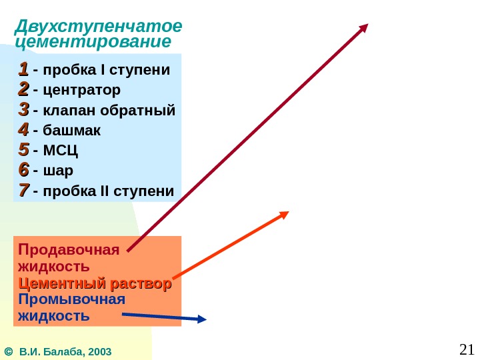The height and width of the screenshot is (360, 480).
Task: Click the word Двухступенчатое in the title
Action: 98,27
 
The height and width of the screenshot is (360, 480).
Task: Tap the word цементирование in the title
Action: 93,42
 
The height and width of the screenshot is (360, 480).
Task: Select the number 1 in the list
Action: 23,69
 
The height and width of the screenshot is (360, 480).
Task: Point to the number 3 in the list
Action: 23,109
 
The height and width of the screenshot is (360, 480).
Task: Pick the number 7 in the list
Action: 23,191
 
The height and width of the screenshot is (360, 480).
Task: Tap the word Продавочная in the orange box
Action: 69,250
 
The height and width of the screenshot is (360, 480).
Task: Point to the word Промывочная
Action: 72,299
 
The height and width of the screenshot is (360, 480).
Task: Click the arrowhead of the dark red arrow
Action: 363,29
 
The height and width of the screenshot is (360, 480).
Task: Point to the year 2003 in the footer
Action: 99,351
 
